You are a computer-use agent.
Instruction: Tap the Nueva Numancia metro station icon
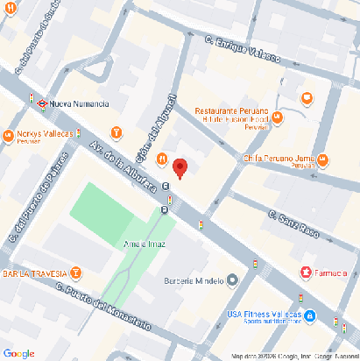point(40,102)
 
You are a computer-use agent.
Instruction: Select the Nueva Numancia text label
point(80,103)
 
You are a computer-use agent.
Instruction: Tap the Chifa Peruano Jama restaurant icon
point(324,159)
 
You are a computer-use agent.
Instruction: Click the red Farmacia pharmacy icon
point(306,273)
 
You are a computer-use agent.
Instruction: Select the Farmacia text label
point(332,273)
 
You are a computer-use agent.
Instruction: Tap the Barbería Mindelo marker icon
point(232,280)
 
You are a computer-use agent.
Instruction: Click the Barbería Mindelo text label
point(194,280)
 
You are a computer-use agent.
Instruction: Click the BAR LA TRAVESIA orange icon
point(76,273)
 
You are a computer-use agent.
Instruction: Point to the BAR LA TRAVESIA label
point(34,273)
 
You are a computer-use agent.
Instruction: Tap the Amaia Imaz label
point(145,243)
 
